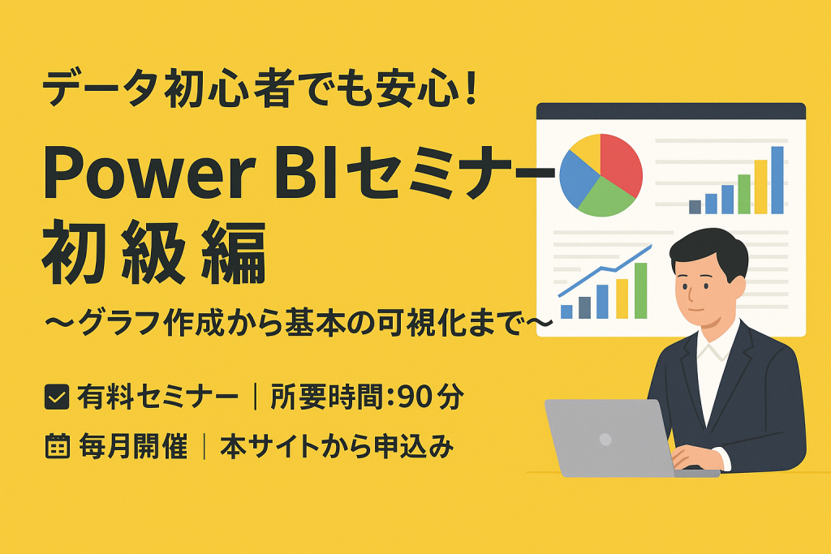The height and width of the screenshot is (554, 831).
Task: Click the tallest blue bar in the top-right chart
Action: (777, 180)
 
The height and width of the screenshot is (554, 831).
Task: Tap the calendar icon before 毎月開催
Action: (56, 446)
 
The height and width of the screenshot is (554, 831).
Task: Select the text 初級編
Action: (154, 256)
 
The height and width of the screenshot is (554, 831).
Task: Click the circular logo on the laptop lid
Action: (605, 439)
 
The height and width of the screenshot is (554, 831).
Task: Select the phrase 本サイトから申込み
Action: (336, 446)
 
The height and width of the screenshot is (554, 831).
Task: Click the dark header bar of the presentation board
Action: (670, 111)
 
